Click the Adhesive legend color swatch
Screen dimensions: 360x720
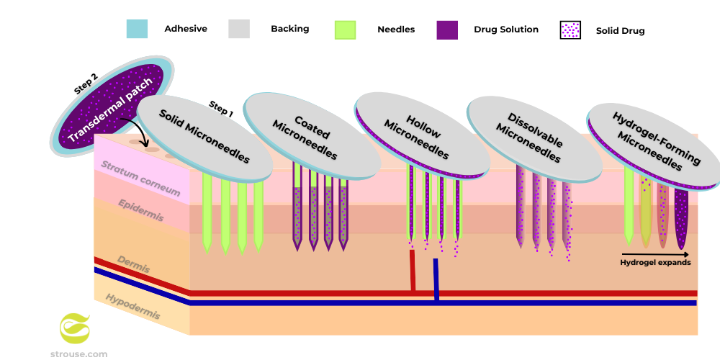(x=137, y=29)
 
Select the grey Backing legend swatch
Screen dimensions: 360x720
(x=238, y=29)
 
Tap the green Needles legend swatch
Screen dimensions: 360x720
(x=345, y=30)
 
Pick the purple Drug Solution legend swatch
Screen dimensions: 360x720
(x=447, y=30)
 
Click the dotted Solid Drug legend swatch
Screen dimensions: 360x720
(x=570, y=30)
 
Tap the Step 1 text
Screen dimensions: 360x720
(x=221, y=109)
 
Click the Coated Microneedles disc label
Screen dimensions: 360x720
(x=307, y=135)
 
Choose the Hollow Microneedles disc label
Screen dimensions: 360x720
(x=418, y=135)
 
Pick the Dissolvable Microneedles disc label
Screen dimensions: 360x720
(x=529, y=138)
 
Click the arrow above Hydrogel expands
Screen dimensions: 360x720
(x=655, y=254)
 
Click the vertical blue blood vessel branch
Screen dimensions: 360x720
(x=436, y=278)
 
